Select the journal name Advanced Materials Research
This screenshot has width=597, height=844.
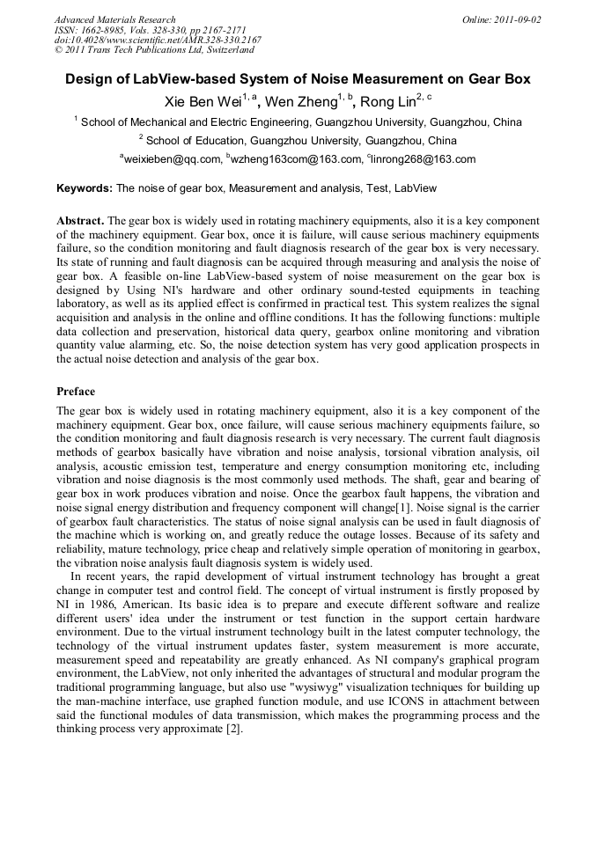(114, 19)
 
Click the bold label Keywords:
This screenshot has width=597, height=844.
(85, 188)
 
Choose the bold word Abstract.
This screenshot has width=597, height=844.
(80, 219)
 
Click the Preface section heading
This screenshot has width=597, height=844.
(76, 391)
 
